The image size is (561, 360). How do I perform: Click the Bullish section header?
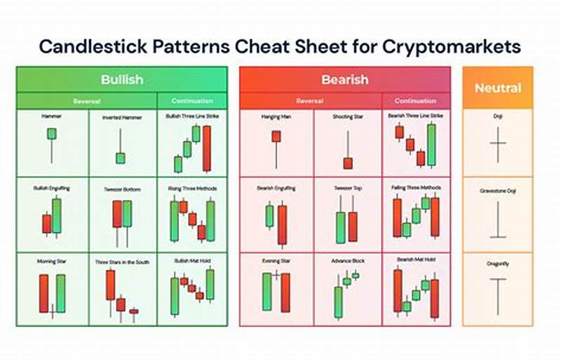[x=122, y=79]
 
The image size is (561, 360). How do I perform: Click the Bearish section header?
[x=344, y=79]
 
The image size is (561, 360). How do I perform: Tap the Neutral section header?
[x=497, y=88]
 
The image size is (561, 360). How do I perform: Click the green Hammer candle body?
[x=51, y=133]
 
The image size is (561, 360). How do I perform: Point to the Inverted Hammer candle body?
[x=121, y=158]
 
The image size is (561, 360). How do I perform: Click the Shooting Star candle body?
[x=347, y=163]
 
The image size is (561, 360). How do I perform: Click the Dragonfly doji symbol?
[x=498, y=295]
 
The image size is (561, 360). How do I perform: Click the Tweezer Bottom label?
[x=122, y=188]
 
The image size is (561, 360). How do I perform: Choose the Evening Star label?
[x=276, y=261]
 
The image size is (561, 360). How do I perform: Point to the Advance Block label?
[x=348, y=261]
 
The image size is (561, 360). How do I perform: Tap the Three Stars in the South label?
[x=122, y=261]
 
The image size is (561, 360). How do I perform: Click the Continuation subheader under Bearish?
[x=415, y=101]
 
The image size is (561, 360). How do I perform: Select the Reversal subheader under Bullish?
[x=87, y=101]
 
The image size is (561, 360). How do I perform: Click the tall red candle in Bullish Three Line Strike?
[x=207, y=148]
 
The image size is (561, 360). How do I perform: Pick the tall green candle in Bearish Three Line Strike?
[x=431, y=145]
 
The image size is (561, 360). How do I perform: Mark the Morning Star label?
[x=52, y=261]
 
